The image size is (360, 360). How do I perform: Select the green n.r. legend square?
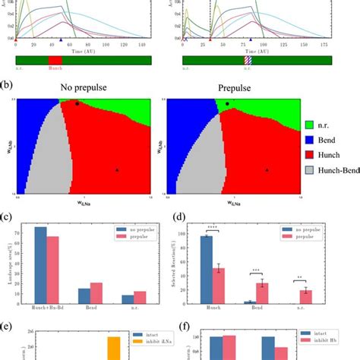tap(310, 123)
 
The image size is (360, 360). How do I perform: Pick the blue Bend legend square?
tap(310, 140)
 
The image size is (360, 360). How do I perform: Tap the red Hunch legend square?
tap(310, 156)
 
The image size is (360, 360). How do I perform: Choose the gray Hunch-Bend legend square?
tap(310, 172)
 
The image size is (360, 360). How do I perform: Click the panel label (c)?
tap(7, 219)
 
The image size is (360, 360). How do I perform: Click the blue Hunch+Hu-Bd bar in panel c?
tap(40, 266)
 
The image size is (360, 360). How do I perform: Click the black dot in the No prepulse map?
tap(77, 104)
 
